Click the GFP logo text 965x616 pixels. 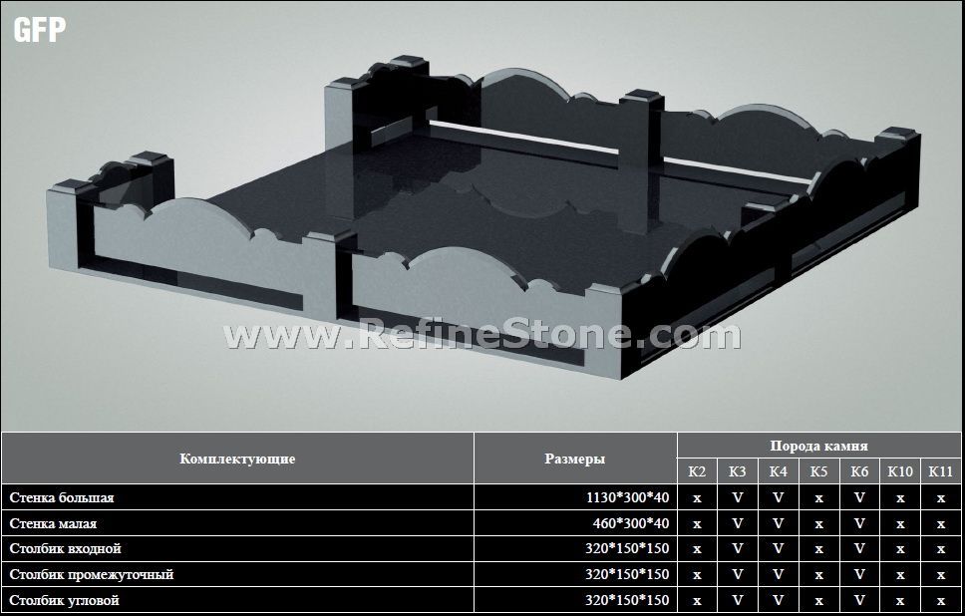[40, 29]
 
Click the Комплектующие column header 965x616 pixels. [237, 459]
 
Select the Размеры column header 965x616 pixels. [574, 459]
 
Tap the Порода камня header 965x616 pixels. [818, 446]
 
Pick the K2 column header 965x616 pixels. [697, 471]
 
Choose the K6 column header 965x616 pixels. [859, 471]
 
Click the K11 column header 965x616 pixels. [940, 471]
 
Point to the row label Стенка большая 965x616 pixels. [62, 497]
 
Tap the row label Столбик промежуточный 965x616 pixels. [91, 574]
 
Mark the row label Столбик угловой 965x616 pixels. [64, 600]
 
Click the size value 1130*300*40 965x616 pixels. [629, 497]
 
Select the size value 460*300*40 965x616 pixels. [633, 523]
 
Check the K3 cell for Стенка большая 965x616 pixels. [738, 497]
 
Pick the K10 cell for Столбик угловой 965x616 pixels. [900, 600]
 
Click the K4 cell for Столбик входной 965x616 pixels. [778, 548]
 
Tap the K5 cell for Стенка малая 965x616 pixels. [818, 523]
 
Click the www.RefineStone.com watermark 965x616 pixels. [482, 335]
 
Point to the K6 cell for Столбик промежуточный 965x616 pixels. [859, 574]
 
